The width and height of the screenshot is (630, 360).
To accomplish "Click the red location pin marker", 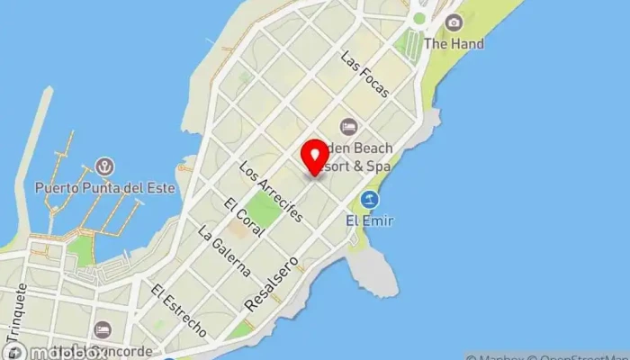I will tap(314, 157).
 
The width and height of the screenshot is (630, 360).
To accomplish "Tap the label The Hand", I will tap(453, 43).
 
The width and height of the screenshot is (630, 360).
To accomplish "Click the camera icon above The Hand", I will tap(453, 22).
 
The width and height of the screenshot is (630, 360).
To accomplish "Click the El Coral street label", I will tap(245, 217).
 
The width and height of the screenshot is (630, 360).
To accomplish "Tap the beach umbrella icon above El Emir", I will tap(369, 199).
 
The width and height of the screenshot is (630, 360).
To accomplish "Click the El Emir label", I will tap(370, 220).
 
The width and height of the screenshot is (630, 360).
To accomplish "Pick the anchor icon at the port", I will tap(105, 168).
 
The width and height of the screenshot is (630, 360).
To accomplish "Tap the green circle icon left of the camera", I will tap(418, 18).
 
